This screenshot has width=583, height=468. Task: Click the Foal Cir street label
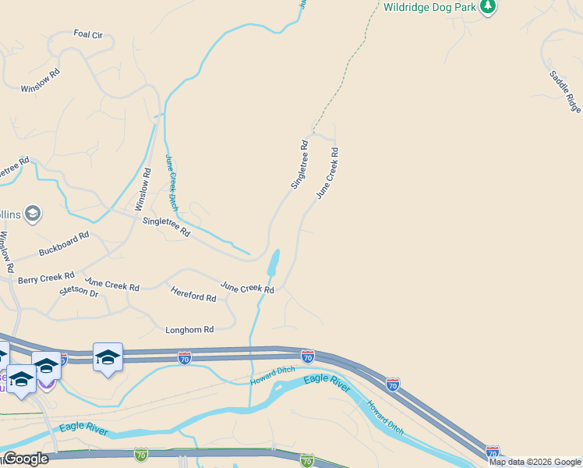tap(88, 34)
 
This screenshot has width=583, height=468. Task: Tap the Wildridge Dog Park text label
tap(429, 8)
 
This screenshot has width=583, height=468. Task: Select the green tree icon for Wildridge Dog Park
tap(488, 7)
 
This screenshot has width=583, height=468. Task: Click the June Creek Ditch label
tap(171, 183)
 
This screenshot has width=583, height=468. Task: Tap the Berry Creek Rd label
tap(46, 278)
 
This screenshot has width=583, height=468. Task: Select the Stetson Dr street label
tap(79, 292)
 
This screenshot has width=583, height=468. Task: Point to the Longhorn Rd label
tap(189, 330)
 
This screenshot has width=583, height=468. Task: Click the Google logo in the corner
tap(25, 459)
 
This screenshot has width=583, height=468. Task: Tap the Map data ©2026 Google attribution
tap(535, 462)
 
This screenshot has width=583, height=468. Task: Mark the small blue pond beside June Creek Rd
tap(273, 263)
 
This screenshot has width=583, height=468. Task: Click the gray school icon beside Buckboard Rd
tap(32, 213)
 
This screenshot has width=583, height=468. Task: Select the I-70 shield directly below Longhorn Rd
tap(185, 358)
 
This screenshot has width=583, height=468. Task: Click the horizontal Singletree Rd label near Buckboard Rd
tap(166, 226)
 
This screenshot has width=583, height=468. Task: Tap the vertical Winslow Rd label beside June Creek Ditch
tap(142, 190)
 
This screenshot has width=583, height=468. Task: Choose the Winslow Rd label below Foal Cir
tap(41, 80)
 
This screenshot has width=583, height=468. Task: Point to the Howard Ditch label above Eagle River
tap(273, 375)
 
